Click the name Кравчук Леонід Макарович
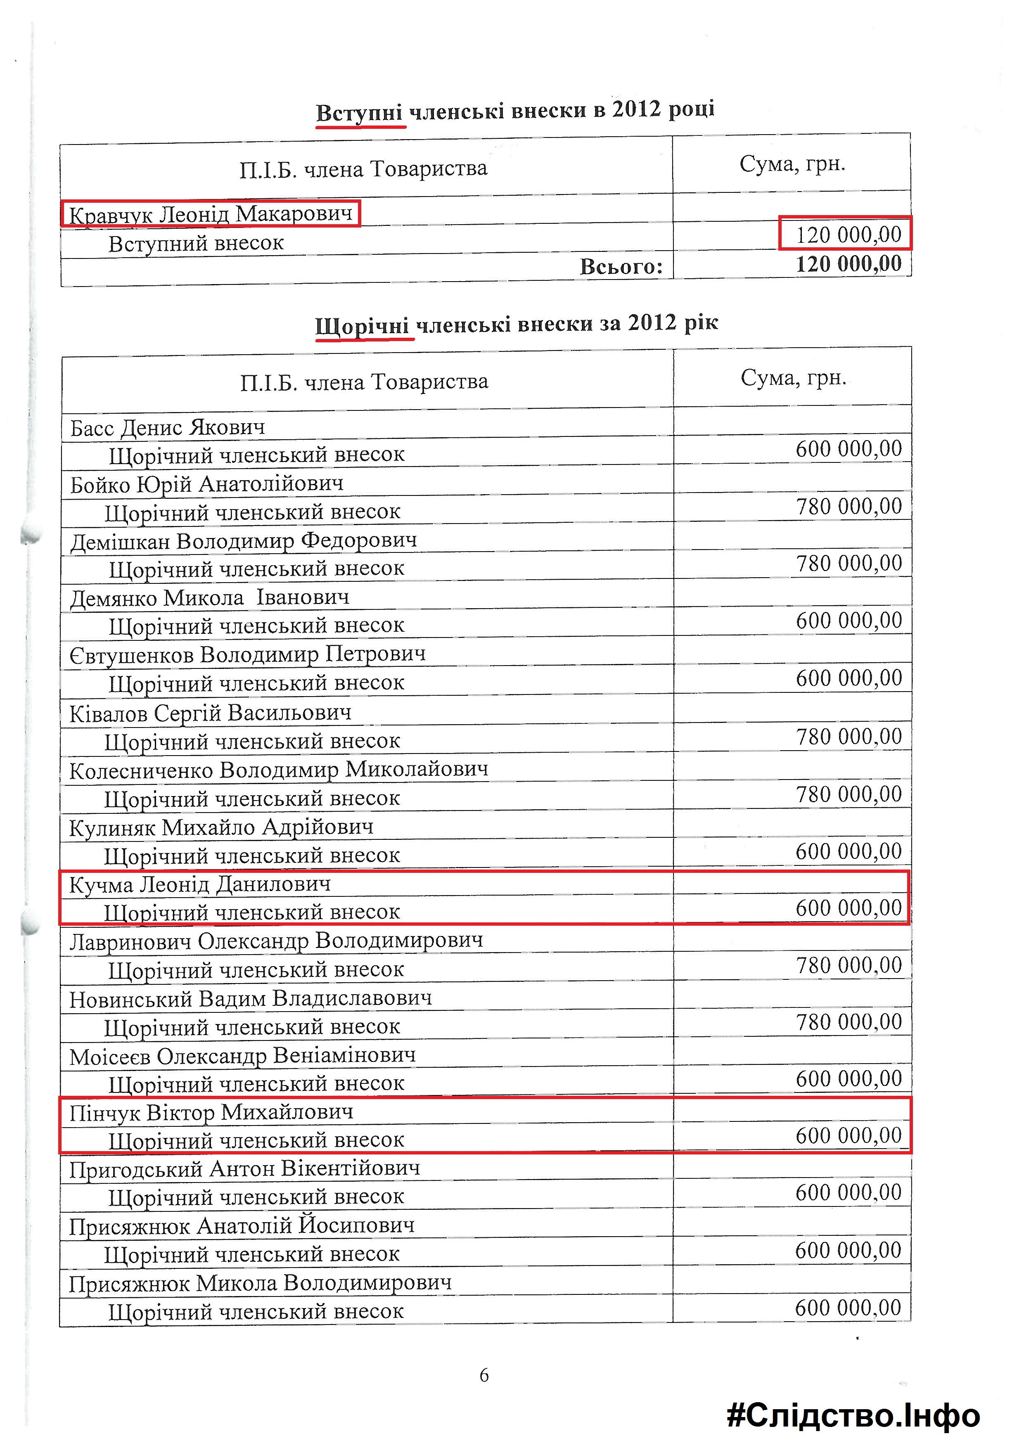pos(210,214)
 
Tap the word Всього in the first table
pos(621,267)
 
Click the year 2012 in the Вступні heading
pos(636,110)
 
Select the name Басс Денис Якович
pos(168,428)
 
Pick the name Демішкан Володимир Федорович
pos(243,541)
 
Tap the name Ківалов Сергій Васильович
pos(210,713)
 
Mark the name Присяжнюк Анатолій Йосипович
pos(242,1226)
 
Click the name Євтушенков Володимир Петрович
pos(247,654)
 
